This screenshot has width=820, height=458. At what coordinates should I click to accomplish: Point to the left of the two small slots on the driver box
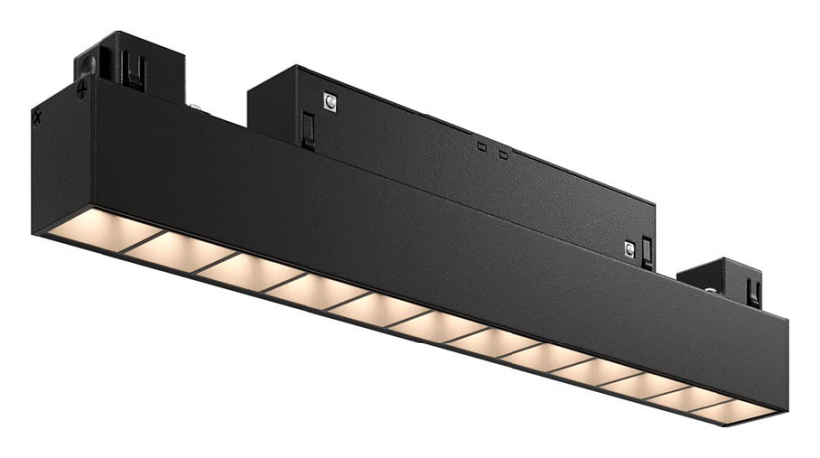[x=481, y=147]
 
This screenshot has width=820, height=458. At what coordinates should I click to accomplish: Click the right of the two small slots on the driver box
[x=503, y=154]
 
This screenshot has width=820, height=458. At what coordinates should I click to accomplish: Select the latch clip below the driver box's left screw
[x=308, y=127]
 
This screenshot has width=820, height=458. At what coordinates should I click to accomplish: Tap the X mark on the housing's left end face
[x=37, y=116]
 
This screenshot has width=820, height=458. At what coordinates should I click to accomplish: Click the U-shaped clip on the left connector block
[x=130, y=68]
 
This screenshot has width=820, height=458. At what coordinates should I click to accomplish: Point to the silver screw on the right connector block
[x=709, y=291]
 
